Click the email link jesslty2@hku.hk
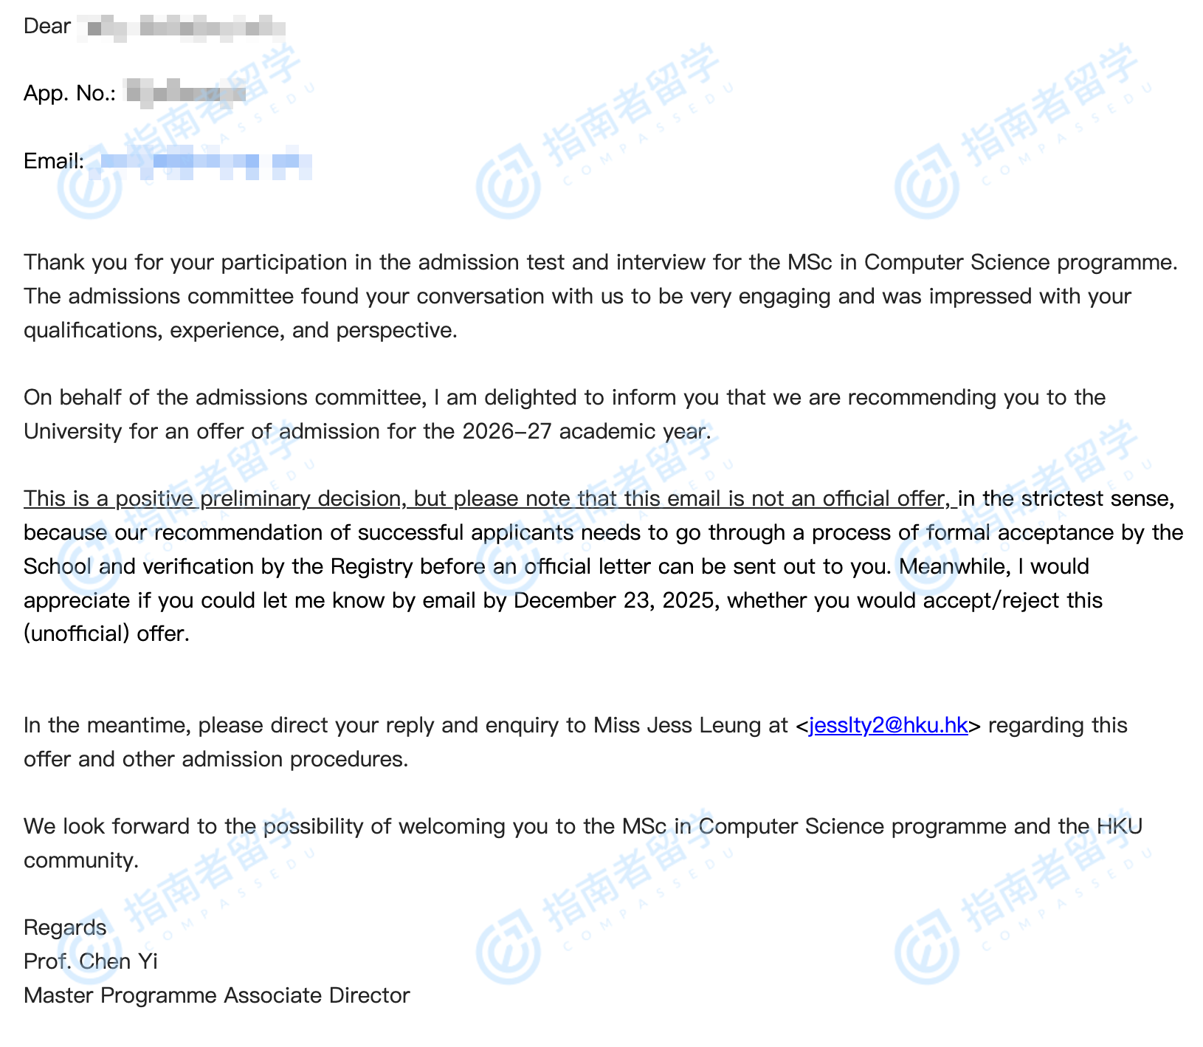(x=888, y=725)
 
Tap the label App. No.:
(x=69, y=94)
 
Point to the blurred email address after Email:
(x=205, y=162)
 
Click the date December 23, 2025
(x=614, y=600)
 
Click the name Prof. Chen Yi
(x=90, y=961)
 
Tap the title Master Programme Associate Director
(x=216, y=995)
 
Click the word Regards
(x=65, y=927)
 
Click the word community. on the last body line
(x=81, y=860)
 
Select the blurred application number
(x=186, y=94)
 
